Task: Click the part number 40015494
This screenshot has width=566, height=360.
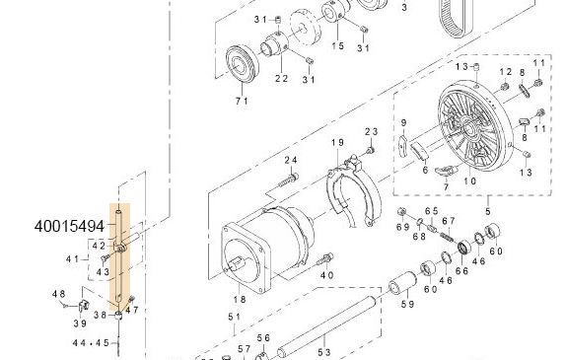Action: pyautogui.click(x=68, y=226)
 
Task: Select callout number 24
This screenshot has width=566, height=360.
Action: pyautogui.click(x=291, y=160)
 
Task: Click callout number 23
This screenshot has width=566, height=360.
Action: pyautogui.click(x=372, y=132)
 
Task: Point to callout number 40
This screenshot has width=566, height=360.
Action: pyautogui.click(x=327, y=274)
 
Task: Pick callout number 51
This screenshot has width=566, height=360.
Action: pyautogui.click(x=234, y=317)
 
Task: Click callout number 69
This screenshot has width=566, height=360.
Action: pyautogui.click(x=402, y=228)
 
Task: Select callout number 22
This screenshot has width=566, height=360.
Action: pyautogui.click(x=281, y=79)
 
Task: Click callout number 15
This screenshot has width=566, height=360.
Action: pyautogui.click(x=338, y=46)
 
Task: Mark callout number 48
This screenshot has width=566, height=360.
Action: pyautogui.click(x=59, y=294)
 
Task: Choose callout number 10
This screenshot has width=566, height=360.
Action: pyautogui.click(x=470, y=182)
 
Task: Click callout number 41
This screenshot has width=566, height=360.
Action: pyautogui.click(x=72, y=259)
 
